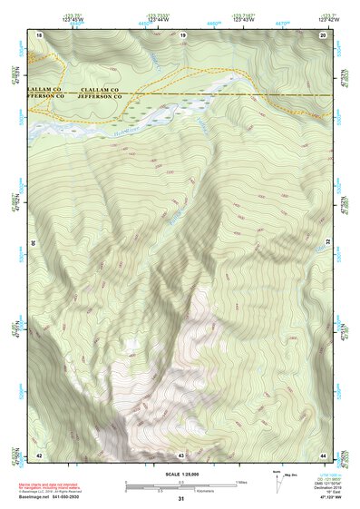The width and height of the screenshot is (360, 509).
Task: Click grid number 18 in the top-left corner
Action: coord(39,34)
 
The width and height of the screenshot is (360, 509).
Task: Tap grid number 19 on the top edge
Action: coord(182,34)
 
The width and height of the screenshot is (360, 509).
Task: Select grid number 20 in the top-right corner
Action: coord(323,34)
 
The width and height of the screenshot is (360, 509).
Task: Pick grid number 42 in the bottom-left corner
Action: coord(39,454)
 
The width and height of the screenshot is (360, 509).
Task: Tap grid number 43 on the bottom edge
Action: coord(181,454)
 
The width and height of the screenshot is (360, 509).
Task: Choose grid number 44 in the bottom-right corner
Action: coord(323,454)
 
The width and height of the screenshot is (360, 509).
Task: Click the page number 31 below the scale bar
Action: coord(181,499)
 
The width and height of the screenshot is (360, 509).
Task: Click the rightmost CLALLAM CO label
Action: coord(101,90)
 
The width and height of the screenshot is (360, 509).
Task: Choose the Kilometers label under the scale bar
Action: coord(181,491)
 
